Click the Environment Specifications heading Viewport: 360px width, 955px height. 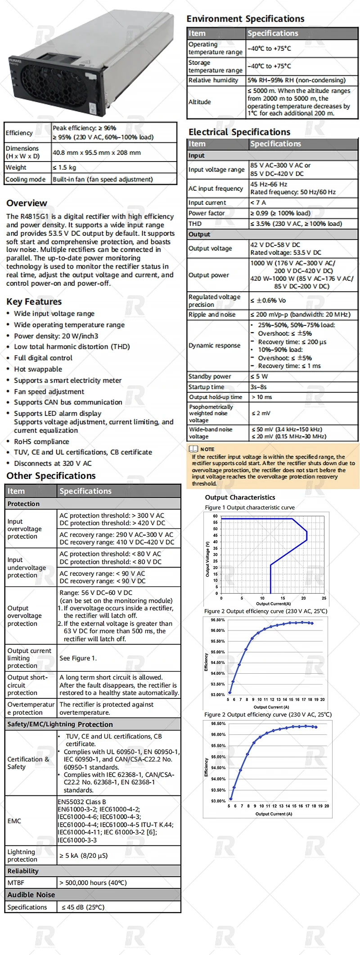[245, 19]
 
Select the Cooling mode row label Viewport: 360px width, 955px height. [26, 179]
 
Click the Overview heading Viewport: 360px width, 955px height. [27, 203]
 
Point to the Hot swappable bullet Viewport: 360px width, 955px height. [38, 369]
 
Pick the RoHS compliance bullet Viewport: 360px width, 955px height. [41, 441]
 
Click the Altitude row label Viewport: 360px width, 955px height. [200, 102]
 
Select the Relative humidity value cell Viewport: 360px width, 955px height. [297, 80]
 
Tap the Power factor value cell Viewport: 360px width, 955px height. [280, 213]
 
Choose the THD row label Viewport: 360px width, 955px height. [195, 224]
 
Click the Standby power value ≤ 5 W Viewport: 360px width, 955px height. [259, 376]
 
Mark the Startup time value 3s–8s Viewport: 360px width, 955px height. [259, 387]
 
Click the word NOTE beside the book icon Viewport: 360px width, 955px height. [207, 449]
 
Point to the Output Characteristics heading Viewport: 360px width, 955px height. [240, 497]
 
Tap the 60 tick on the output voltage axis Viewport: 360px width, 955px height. [216, 516]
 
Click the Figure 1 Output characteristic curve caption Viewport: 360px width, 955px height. [250, 507]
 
